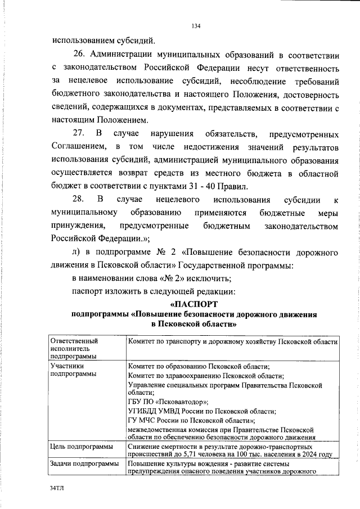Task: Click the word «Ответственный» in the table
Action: click(x=74, y=341)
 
